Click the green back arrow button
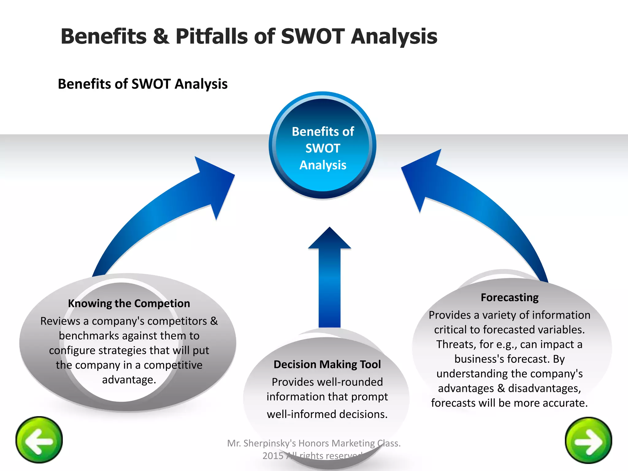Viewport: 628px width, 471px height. point(39,440)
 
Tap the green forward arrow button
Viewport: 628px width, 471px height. point(588,441)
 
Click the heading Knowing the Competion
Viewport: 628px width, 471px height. point(129,304)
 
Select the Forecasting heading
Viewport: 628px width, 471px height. point(510,297)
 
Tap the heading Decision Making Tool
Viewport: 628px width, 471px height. point(327,364)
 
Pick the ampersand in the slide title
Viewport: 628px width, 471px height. point(161,36)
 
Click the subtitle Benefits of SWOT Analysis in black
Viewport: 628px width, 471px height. point(143,84)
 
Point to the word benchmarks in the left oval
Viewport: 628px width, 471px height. point(89,336)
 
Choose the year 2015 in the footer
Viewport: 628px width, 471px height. point(273,456)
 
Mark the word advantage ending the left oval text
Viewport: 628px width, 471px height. point(129,380)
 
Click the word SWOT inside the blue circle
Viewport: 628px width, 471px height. point(323,148)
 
